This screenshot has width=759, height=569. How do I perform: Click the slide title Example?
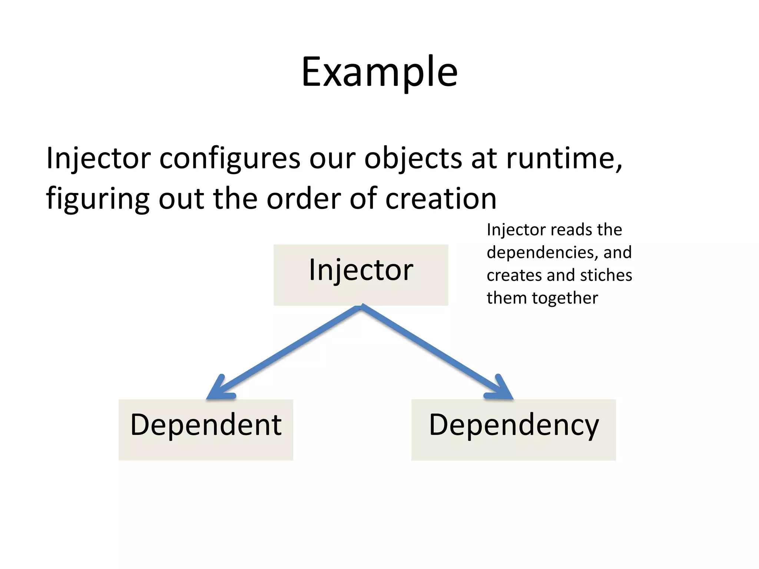[x=379, y=72]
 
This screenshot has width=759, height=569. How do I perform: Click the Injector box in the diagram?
[x=361, y=274]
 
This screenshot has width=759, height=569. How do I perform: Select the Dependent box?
[x=206, y=429]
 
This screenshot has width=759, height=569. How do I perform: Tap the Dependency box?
[x=513, y=429]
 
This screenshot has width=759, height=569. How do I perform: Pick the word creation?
[x=441, y=199]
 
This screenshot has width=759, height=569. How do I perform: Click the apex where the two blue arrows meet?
[x=361, y=307]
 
